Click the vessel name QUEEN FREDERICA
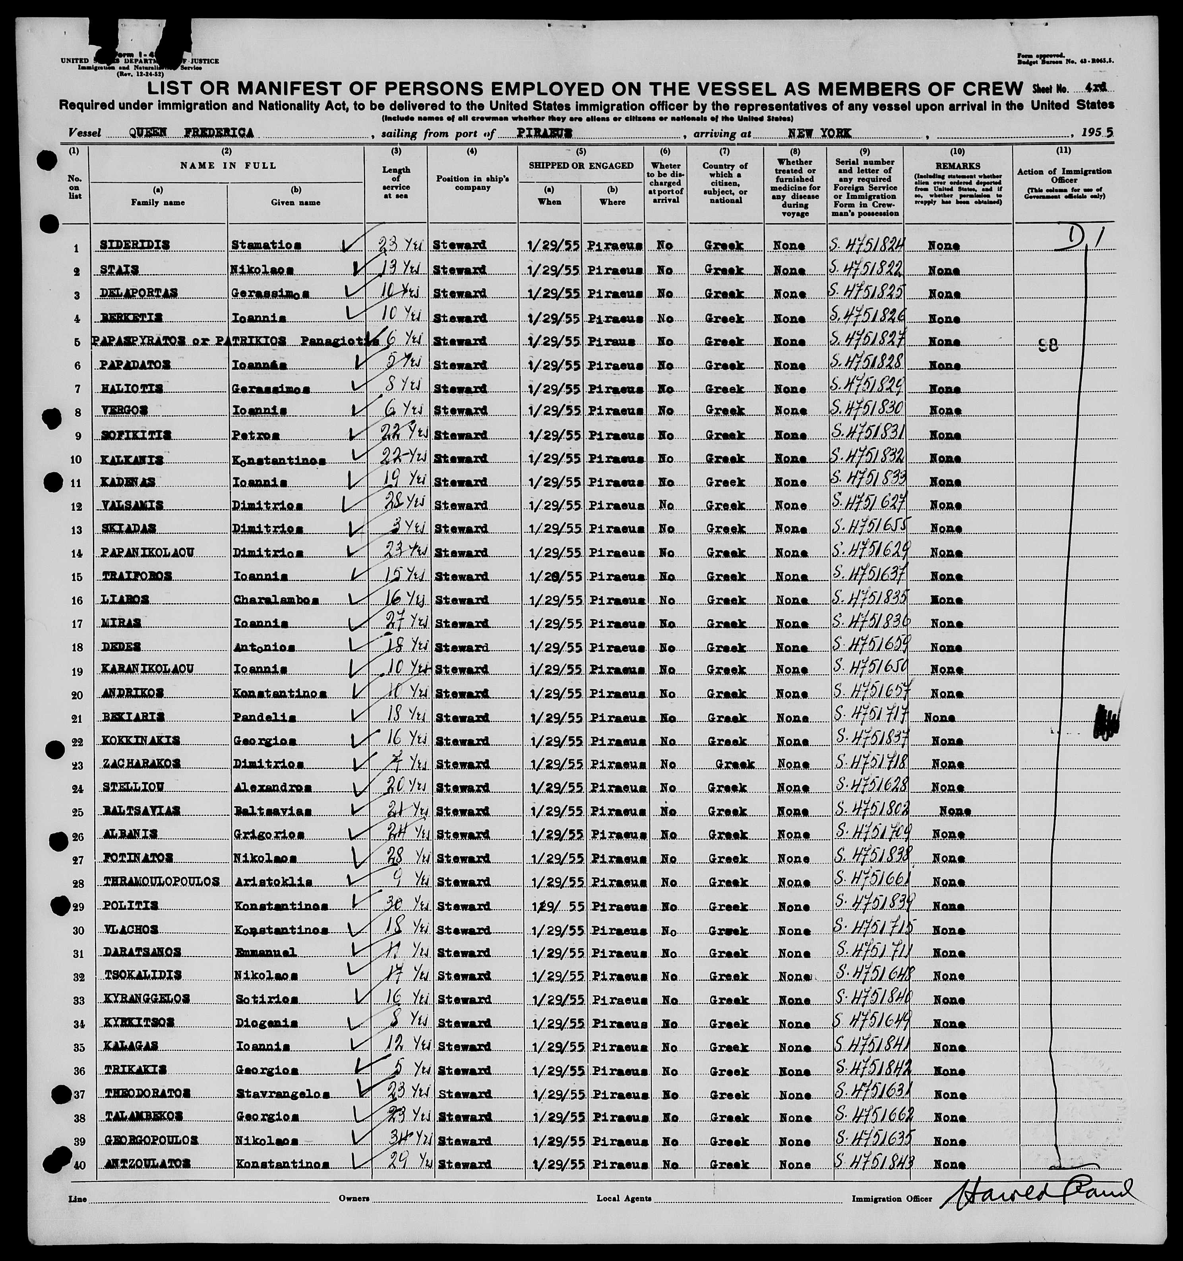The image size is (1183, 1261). click(x=191, y=133)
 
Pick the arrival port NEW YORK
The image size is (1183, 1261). click(x=820, y=133)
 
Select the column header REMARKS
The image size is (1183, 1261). click(x=958, y=166)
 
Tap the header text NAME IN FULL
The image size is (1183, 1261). click(x=228, y=166)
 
